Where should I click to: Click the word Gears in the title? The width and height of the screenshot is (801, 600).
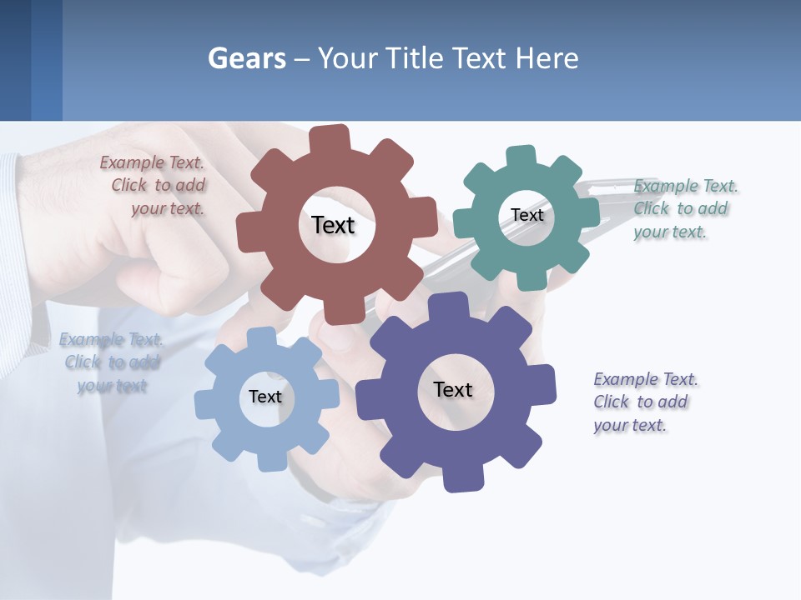(x=246, y=59)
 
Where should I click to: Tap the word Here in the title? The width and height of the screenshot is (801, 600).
(x=547, y=59)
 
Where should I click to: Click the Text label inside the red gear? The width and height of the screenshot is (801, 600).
(x=333, y=225)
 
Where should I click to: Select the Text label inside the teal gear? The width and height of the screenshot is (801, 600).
(x=526, y=215)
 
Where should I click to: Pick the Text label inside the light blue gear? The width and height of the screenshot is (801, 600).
(x=264, y=397)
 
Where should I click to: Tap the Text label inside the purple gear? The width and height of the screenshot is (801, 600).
(x=452, y=389)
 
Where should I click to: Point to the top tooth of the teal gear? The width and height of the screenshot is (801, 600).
(x=521, y=157)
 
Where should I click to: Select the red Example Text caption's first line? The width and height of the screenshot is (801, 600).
(x=152, y=163)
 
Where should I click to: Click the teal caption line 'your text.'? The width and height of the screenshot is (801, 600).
(x=669, y=232)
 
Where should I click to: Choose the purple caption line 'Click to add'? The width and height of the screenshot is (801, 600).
(x=640, y=402)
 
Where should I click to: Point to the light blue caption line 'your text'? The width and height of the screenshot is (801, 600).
(x=112, y=386)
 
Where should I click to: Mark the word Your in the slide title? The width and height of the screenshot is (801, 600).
(x=346, y=59)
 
